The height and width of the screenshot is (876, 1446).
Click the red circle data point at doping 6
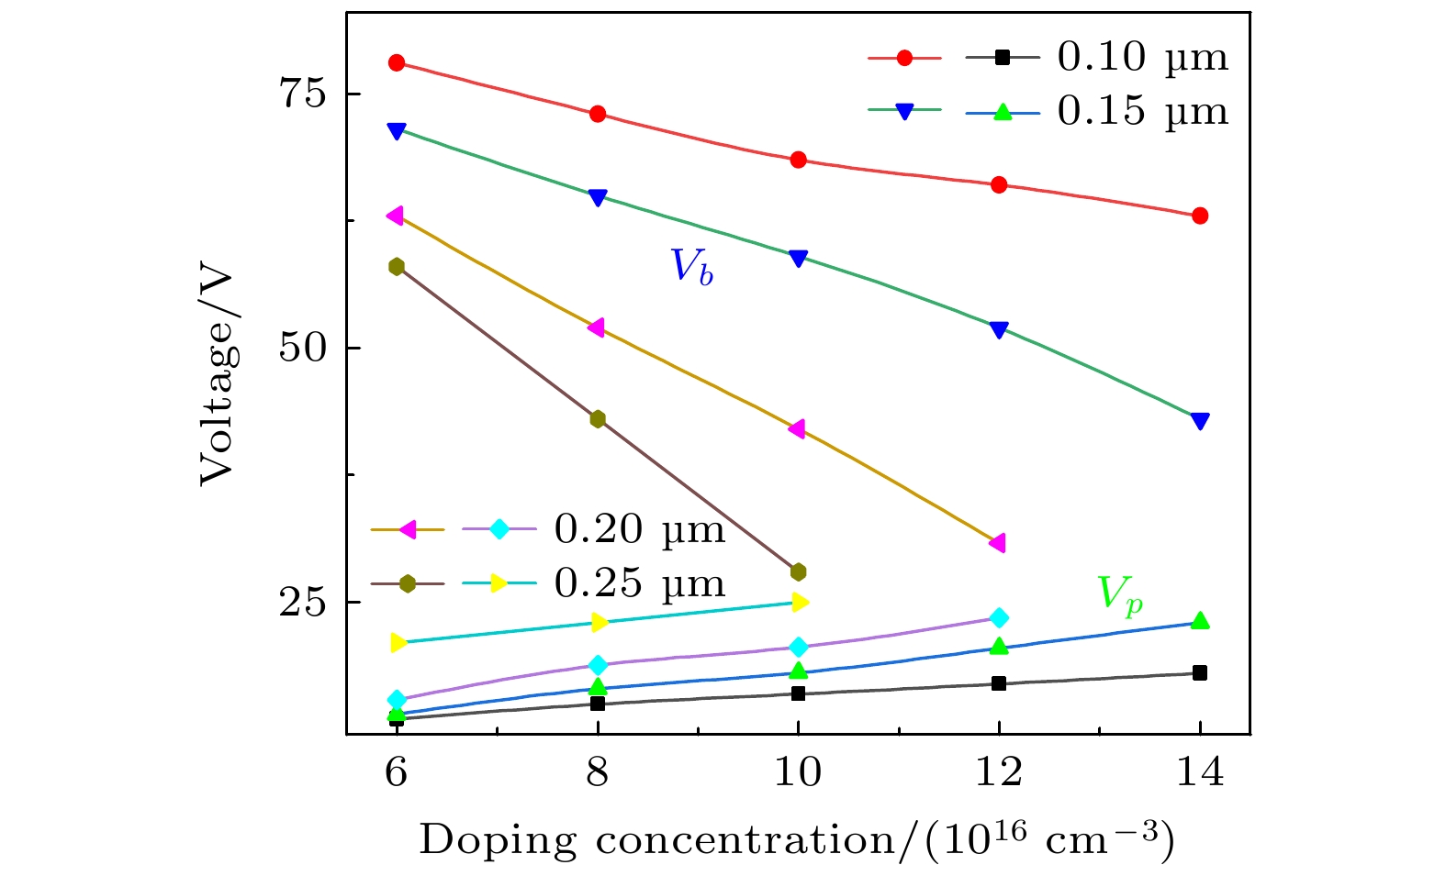(397, 62)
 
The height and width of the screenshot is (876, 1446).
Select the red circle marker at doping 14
(1199, 216)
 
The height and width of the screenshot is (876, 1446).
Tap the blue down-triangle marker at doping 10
(798, 258)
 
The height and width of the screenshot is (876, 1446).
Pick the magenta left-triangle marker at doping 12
(998, 543)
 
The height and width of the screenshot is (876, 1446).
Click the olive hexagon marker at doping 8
(598, 419)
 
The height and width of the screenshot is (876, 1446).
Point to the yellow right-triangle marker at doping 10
(799, 602)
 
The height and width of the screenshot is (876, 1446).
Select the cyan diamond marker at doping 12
(999, 618)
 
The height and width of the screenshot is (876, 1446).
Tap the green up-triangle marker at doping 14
(1199, 621)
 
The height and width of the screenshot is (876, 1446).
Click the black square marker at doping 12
(999, 683)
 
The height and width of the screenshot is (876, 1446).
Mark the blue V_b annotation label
(691, 267)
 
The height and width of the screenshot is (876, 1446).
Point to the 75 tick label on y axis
(304, 94)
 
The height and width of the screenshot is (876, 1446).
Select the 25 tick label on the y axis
(304, 603)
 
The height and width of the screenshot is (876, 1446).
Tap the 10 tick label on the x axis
(798, 772)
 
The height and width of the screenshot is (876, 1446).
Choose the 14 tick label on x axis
(1199, 772)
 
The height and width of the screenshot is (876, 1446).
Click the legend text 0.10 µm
(1142, 58)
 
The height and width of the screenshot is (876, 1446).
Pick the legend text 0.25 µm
(639, 583)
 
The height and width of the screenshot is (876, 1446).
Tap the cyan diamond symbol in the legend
(499, 529)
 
